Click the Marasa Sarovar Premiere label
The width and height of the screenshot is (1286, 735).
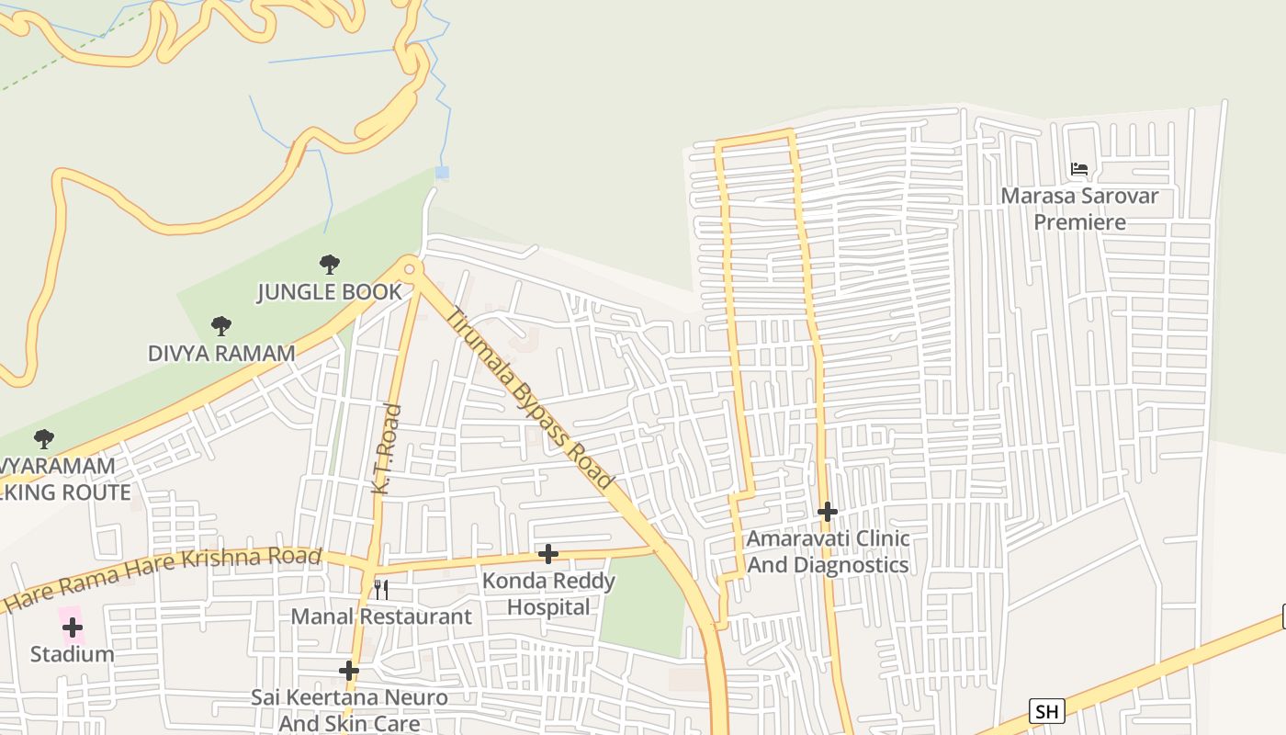tap(1079, 209)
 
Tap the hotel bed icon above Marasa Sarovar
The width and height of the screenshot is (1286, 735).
tap(1079, 169)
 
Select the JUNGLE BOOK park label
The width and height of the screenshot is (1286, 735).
tap(329, 292)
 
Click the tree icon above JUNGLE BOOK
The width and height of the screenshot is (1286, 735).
tap(329, 265)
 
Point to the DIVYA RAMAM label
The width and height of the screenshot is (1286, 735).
tap(221, 353)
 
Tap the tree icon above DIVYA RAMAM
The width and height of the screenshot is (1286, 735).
tap(220, 325)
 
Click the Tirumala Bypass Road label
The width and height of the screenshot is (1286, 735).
tap(530, 398)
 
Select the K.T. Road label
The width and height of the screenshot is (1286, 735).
tap(388, 449)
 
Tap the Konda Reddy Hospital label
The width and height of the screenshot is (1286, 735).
tap(548, 594)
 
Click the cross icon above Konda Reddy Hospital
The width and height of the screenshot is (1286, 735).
tap(548, 553)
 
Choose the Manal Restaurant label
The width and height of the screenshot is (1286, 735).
tap(381, 616)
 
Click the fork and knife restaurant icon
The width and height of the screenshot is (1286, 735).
tap(380, 589)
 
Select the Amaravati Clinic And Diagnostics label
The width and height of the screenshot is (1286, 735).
tap(828, 551)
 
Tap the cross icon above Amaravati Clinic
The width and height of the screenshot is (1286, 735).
tap(828, 512)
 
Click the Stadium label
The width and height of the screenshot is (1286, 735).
tap(73, 654)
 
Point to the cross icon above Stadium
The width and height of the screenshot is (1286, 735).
tap(73, 628)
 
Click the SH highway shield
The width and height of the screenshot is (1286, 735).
tap(1046, 710)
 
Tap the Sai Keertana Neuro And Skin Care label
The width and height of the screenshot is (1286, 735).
tap(350, 710)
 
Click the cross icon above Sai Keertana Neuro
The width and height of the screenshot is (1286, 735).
tap(349, 671)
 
